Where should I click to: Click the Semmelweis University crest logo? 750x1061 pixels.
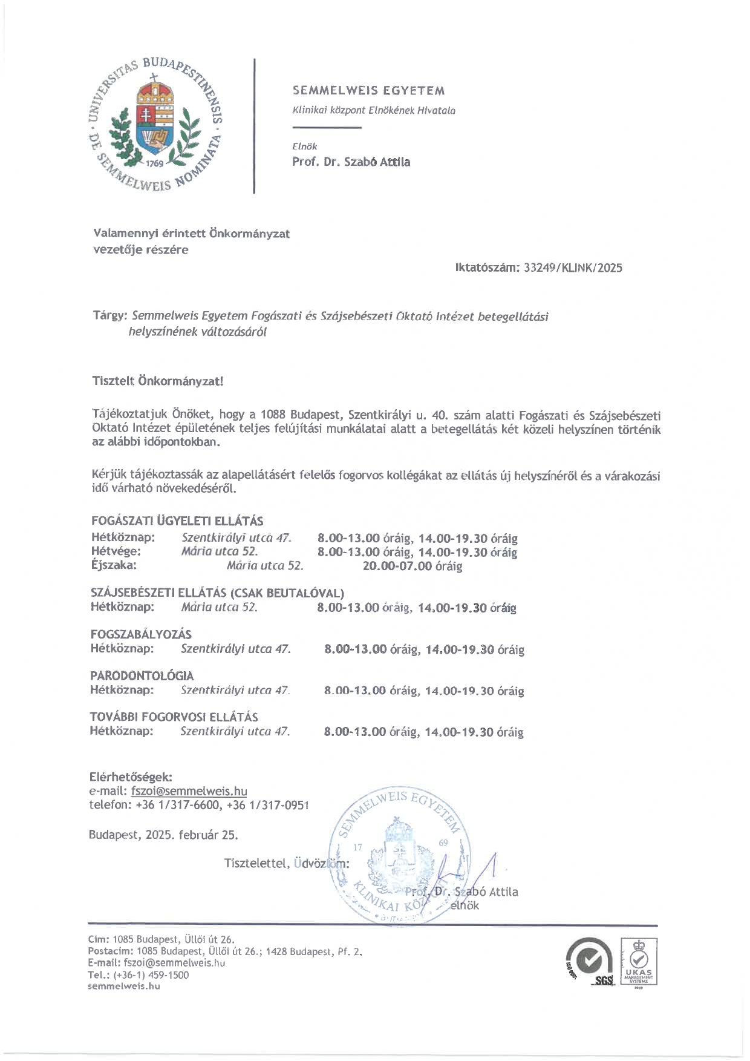coord(156,125)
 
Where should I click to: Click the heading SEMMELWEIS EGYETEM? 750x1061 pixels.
coord(368,91)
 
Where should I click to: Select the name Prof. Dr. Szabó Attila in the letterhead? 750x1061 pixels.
coord(351,162)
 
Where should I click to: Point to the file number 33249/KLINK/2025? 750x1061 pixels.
coord(573,268)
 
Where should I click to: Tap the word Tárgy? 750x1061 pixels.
coord(109,316)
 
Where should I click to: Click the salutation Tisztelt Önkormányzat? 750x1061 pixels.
coord(158,381)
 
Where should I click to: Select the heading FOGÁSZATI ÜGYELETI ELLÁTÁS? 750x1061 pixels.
coord(177,521)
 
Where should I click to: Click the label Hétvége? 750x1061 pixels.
coord(116,551)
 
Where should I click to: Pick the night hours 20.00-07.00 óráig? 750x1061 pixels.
coord(412,566)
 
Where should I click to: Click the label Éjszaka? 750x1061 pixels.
coord(114,565)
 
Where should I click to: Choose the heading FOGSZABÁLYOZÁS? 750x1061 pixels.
coord(141,634)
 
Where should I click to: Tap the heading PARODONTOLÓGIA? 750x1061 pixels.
coord(142,675)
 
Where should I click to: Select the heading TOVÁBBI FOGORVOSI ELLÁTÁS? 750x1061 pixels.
coord(174,717)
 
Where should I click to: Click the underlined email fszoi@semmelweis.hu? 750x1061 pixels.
coord(189,791)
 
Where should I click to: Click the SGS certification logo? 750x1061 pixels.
coord(590,962)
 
